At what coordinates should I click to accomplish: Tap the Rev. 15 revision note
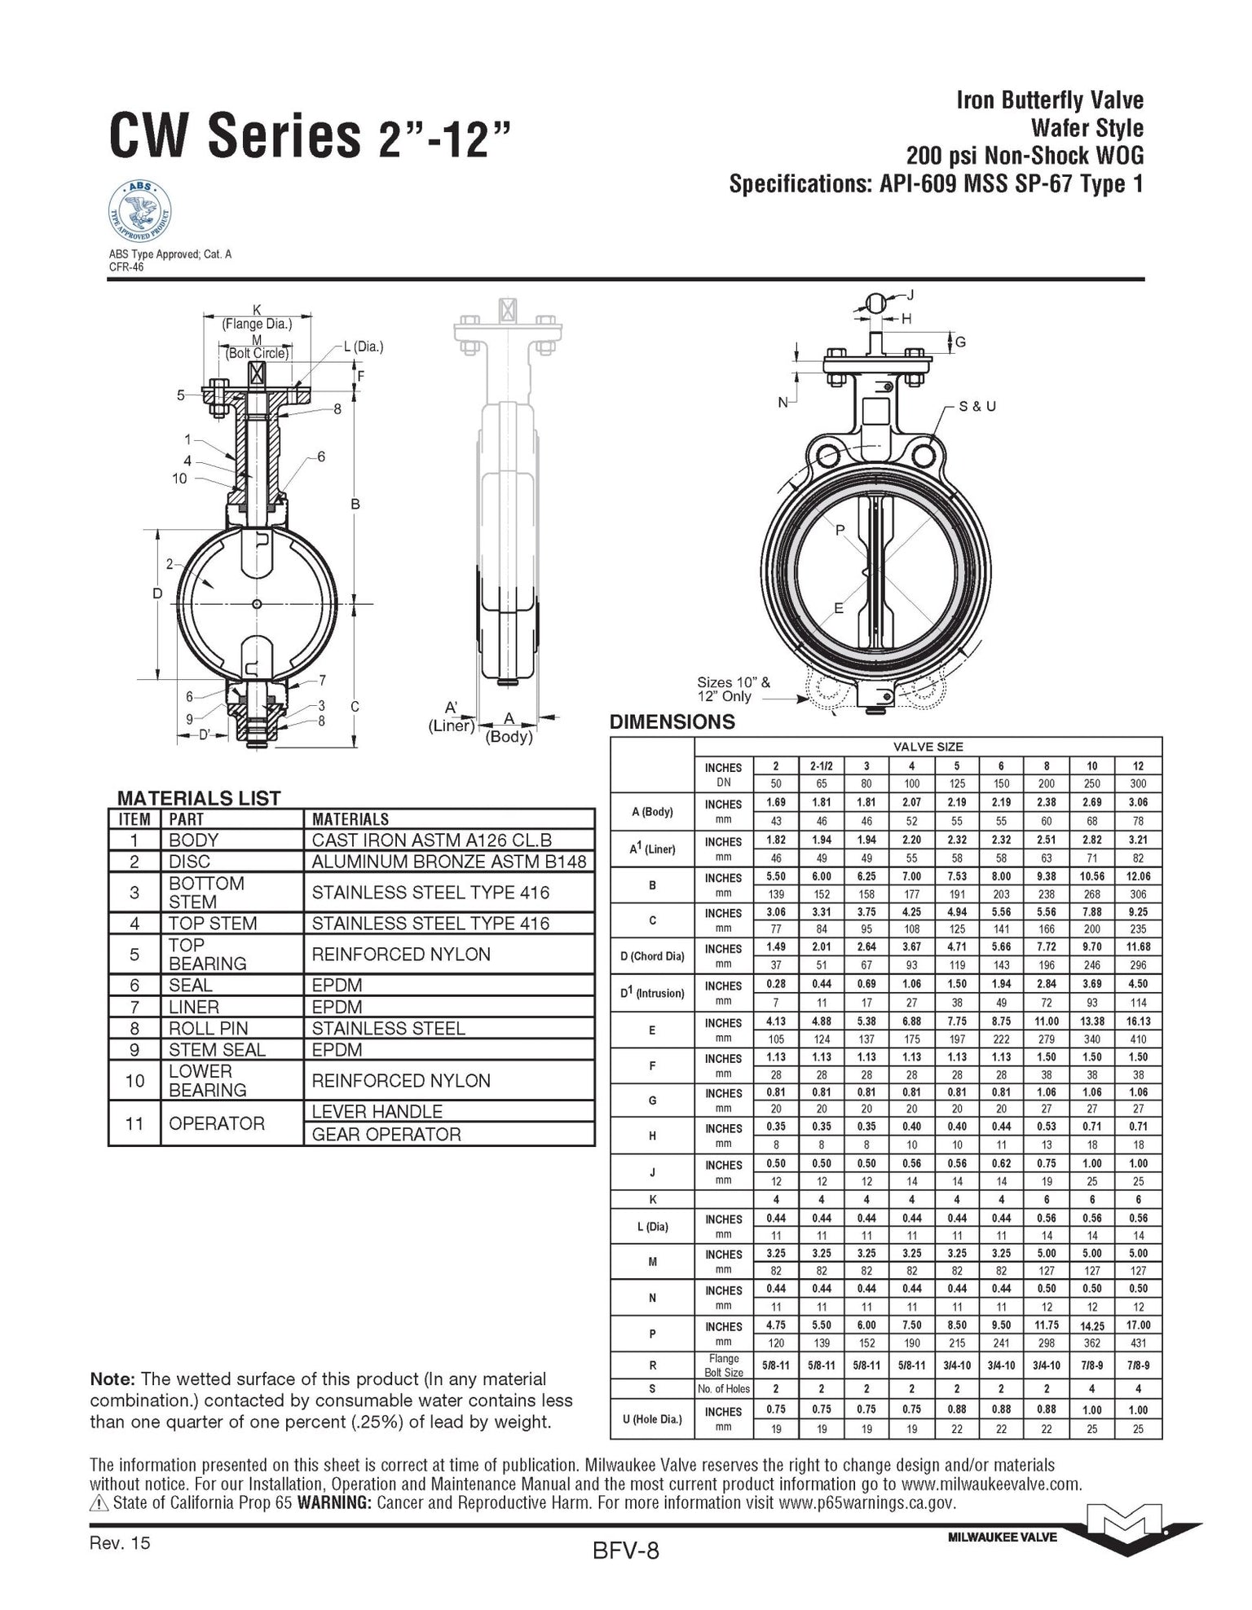click(x=121, y=1542)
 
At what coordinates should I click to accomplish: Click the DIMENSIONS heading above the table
click(x=672, y=722)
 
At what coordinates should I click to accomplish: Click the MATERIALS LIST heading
click(x=199, y=798)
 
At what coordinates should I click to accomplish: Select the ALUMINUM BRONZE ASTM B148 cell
click(x=448, y=862)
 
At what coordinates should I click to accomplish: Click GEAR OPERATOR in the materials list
click(x=386, y=1134)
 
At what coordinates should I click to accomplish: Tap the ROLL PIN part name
click(x=208, y=1029)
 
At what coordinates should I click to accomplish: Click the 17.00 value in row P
click(x=1138, y=1325)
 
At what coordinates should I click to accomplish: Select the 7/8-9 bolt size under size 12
click(x=1138, y=1365)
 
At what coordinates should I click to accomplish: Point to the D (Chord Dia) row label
click(x=652, y=956)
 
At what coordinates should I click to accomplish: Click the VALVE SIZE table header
click(x=928, y=747)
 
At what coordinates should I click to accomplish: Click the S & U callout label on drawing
click(x=977, y=406)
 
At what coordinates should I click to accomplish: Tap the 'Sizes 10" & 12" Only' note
click(x=733, y=690)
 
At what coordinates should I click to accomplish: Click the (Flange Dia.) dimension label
click(x=258, y=324)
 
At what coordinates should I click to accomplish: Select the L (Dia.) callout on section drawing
click(x=363, y=346)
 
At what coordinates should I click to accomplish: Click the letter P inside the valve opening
click(x=841, y=531)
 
